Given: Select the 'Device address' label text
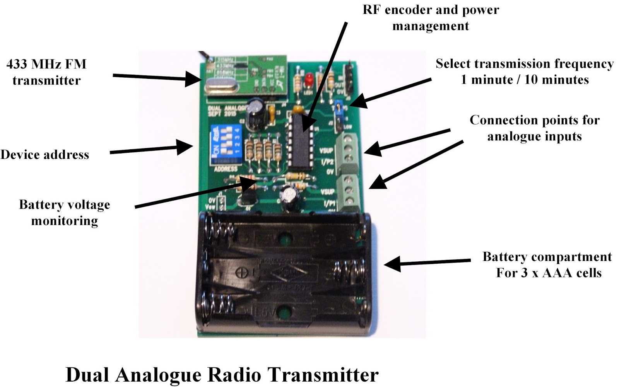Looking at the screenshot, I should [x=44, y=155].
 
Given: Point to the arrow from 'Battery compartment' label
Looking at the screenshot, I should [x=426, y=263].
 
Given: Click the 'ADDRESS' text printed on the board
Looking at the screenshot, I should [x=226, y=169].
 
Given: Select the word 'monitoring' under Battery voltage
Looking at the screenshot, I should [x=65, y=221].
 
